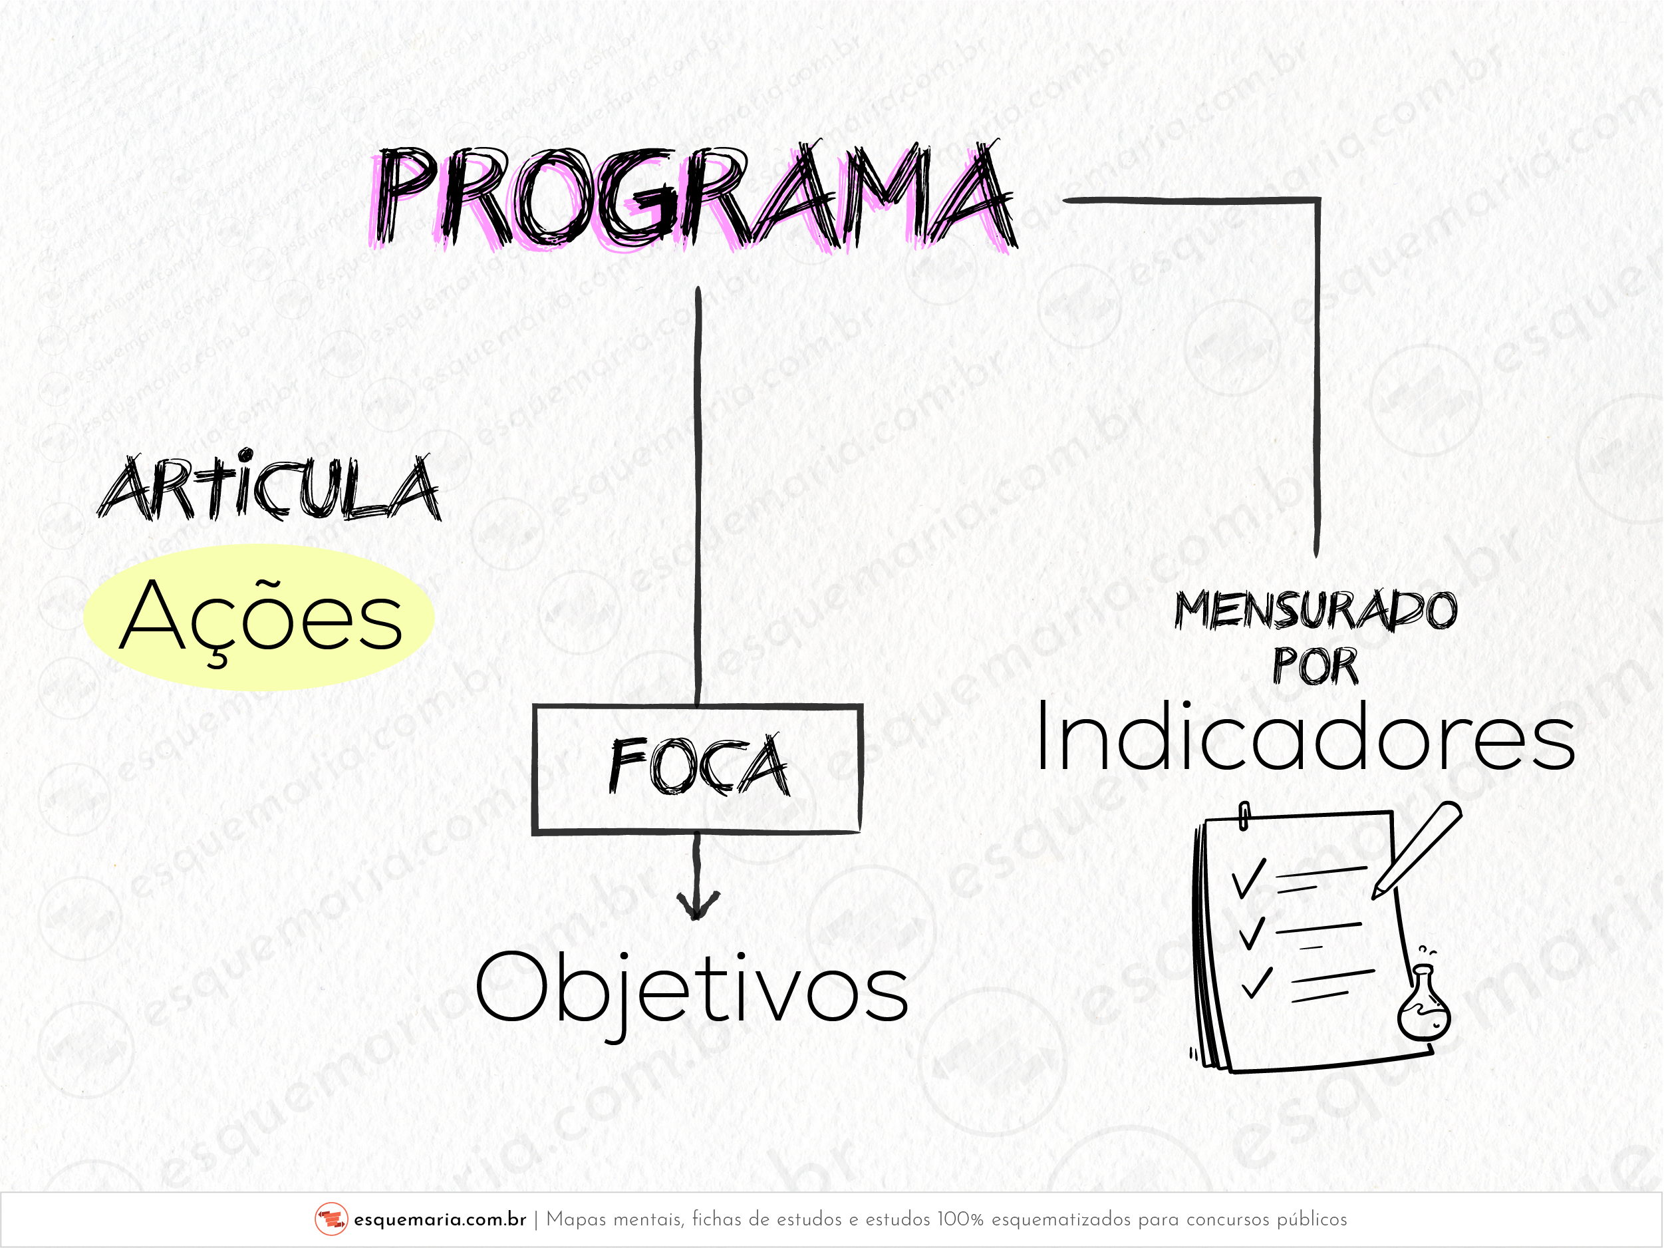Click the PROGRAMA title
click(694, 197)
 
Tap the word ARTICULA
click(269, 488)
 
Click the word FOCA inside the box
click(700, 766)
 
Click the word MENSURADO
click(1316, 609)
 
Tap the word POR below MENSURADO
click(1316, 667)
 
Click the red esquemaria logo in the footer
click(331, 1219)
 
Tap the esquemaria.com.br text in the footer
click(440, 1219)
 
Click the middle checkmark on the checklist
click(1252, 933)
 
